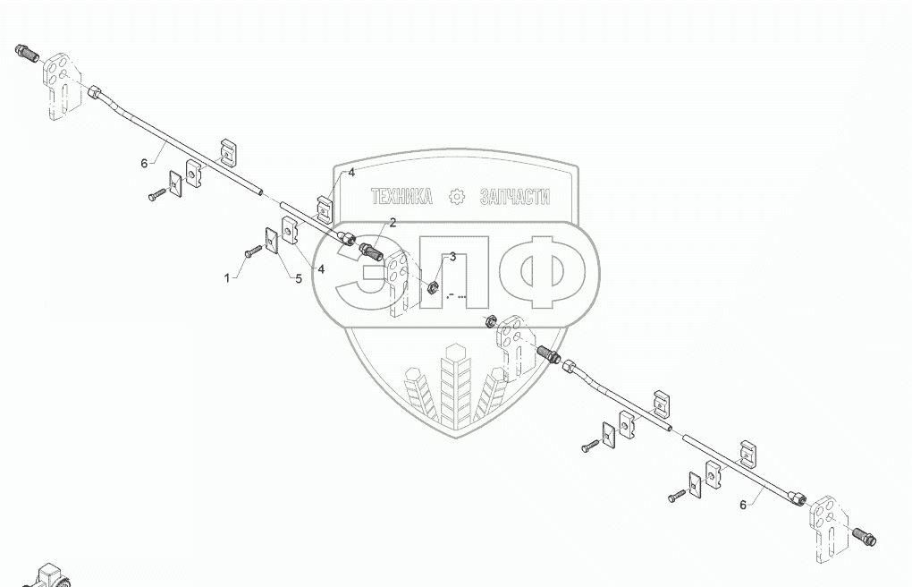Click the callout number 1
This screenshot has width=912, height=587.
click(227, 278)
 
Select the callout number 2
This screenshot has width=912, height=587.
click(393, 224)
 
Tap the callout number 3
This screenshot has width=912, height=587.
click(452, 257)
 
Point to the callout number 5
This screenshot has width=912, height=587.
click(298, 278)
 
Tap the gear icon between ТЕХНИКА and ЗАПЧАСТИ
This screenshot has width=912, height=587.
click(457, 197)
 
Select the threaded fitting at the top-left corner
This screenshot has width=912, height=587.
click(26, 52)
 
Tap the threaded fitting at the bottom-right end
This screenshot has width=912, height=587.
click(866, 537)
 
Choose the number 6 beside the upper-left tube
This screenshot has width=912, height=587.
click(143, 163)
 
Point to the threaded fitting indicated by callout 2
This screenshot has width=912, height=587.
click(373, 253)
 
